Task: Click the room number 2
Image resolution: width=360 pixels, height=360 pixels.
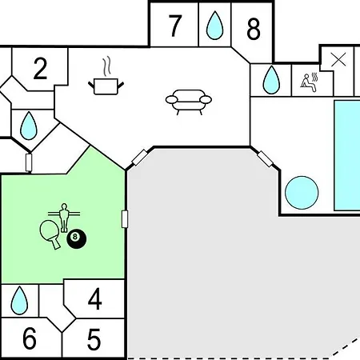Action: click(x=40, y=69)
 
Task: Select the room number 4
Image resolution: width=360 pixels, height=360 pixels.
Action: click(x=95, y=299)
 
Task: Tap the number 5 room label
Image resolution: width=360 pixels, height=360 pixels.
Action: click(x=94, y=339)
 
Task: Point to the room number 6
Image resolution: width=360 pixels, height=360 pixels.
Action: click(x=30, y=338)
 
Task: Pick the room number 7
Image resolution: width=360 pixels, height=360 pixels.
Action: click(x=175, y=26)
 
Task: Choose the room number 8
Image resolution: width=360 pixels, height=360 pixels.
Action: click(x=254, y=29)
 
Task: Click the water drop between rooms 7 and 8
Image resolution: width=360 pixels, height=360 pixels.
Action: click(x=214, y=26)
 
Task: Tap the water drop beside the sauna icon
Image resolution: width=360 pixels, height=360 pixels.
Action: click(x=271, y=80)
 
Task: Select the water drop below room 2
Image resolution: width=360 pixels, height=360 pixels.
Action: click(x=29, y=126)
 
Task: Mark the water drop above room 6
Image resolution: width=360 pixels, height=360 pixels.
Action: click(x=19, y=301)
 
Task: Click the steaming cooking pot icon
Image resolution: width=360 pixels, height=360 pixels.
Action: click(x=106, y=76)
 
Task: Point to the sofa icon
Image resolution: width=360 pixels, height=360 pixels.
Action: click(x=189, y=102)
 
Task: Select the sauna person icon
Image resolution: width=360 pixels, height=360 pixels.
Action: click(x=309, y=82)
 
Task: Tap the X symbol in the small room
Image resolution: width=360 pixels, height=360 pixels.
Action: click(x=338, y=59)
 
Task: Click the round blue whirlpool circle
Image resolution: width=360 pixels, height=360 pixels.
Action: click(x=302, y=193)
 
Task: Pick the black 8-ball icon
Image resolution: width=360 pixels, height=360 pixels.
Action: click(x=77, y=238)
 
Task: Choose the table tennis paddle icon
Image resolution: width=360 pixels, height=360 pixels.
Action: click(x=51, y=234)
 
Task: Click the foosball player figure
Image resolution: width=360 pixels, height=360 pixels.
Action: click(x=64, y=218)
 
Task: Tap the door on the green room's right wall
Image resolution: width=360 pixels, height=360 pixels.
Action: click(x=125, y=219)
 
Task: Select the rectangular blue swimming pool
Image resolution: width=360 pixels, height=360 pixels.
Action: click(x=347, y=155)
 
